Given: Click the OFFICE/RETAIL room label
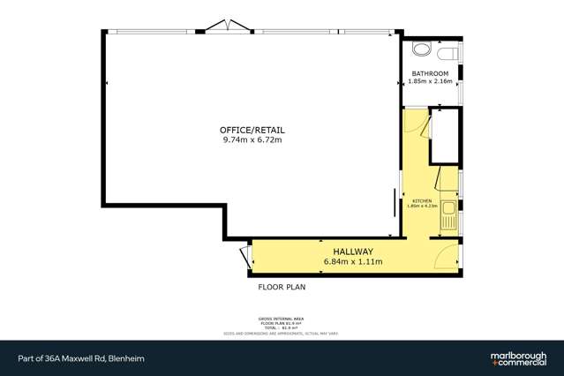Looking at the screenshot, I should (252, 130).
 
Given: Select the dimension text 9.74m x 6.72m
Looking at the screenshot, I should (252, 139).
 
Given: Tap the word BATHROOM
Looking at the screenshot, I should (431, 72).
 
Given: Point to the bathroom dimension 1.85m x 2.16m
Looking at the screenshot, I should (431, 80).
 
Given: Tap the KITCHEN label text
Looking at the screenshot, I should (422, 201).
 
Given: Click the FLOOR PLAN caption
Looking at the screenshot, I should (282, 287).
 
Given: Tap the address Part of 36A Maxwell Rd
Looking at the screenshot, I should (80, 358).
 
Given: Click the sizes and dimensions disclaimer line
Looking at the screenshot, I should (282, 333).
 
